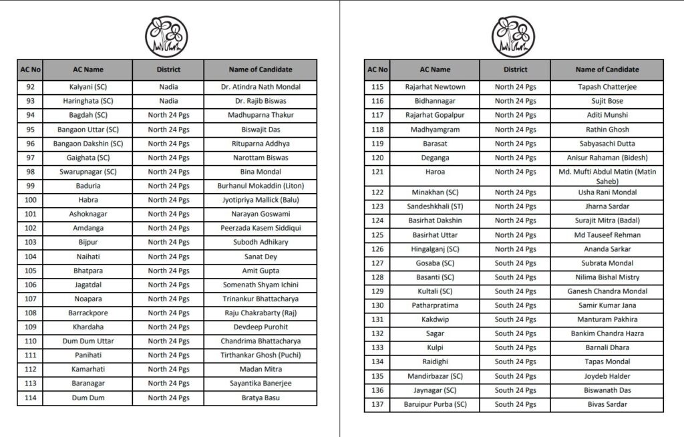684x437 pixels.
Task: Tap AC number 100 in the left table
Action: (30, 200)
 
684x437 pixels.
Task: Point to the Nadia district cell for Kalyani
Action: (168, 87)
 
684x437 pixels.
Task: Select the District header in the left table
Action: (168, 69)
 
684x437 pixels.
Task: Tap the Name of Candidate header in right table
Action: (607, 69)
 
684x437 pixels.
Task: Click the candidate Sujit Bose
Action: (607, 101)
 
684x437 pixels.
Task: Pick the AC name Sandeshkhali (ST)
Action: (435, 206)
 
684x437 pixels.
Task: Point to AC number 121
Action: (377, 172)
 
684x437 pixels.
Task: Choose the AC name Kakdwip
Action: (435, 319)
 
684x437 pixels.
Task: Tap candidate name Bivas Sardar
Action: (607, 404)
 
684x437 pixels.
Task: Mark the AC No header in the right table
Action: (377, 69)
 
